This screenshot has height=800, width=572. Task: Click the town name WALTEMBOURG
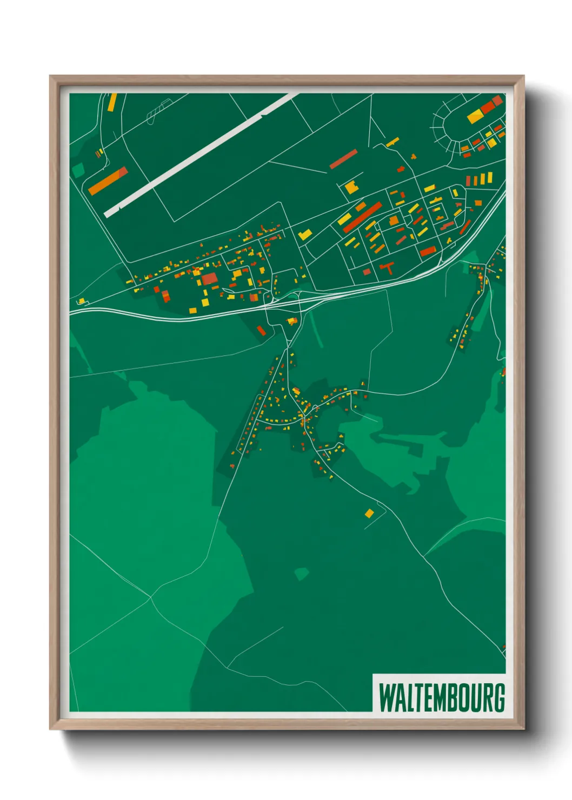(x=441, y=698)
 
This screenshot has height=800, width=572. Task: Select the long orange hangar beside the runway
(x=108, y=181)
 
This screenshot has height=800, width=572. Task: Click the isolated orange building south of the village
(x=369, y=513)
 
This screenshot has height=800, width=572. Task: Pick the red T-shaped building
(x=387, y=266)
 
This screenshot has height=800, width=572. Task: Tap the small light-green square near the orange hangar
(x=79, y=170)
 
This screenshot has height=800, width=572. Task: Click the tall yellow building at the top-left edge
(x=112, y=102)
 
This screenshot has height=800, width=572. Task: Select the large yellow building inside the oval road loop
(x=475, y=116)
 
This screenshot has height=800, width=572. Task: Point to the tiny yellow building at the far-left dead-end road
(x=82, y=301)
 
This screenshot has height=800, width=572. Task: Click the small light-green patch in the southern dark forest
(x=301, y=574)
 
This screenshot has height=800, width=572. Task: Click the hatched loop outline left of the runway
(x=157, y=110)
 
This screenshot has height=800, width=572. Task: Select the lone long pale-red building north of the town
(x=343, y=159)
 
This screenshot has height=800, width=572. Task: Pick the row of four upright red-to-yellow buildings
(x=479, y=179)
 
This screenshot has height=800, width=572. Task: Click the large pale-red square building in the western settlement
(x=209, y=278)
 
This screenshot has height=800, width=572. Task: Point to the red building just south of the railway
(x=261, y=330)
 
